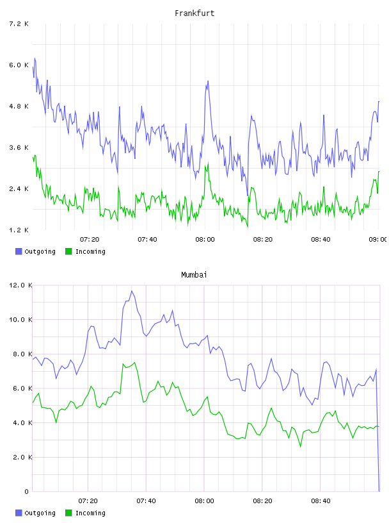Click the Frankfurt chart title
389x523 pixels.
coord(194,13)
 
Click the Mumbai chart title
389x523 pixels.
coord(194,275)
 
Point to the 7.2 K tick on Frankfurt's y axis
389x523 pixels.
coord(19,24)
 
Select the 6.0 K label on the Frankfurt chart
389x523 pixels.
coord(19,65)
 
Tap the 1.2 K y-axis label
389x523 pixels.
coord(19,230)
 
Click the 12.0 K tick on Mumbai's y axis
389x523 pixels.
coord(20,285)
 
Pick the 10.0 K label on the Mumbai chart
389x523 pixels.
coord(20,320)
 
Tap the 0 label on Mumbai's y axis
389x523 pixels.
coord(26,492)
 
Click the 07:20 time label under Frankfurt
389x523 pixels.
coord(90,240)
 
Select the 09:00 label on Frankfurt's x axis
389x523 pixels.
coord(378,240)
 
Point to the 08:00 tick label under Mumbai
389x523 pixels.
coord(205,501)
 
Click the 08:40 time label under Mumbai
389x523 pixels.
coord(321,501)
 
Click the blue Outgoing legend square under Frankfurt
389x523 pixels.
coord(19,251)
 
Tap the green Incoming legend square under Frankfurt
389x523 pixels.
coord(68,251)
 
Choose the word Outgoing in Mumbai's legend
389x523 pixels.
coord(40,513)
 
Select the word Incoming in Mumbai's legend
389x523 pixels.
coord(90,513)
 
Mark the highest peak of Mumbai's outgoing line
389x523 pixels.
coord(132,291)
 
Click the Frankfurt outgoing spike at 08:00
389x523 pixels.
coord(208,81)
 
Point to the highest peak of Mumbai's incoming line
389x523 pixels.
coord(134,363)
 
